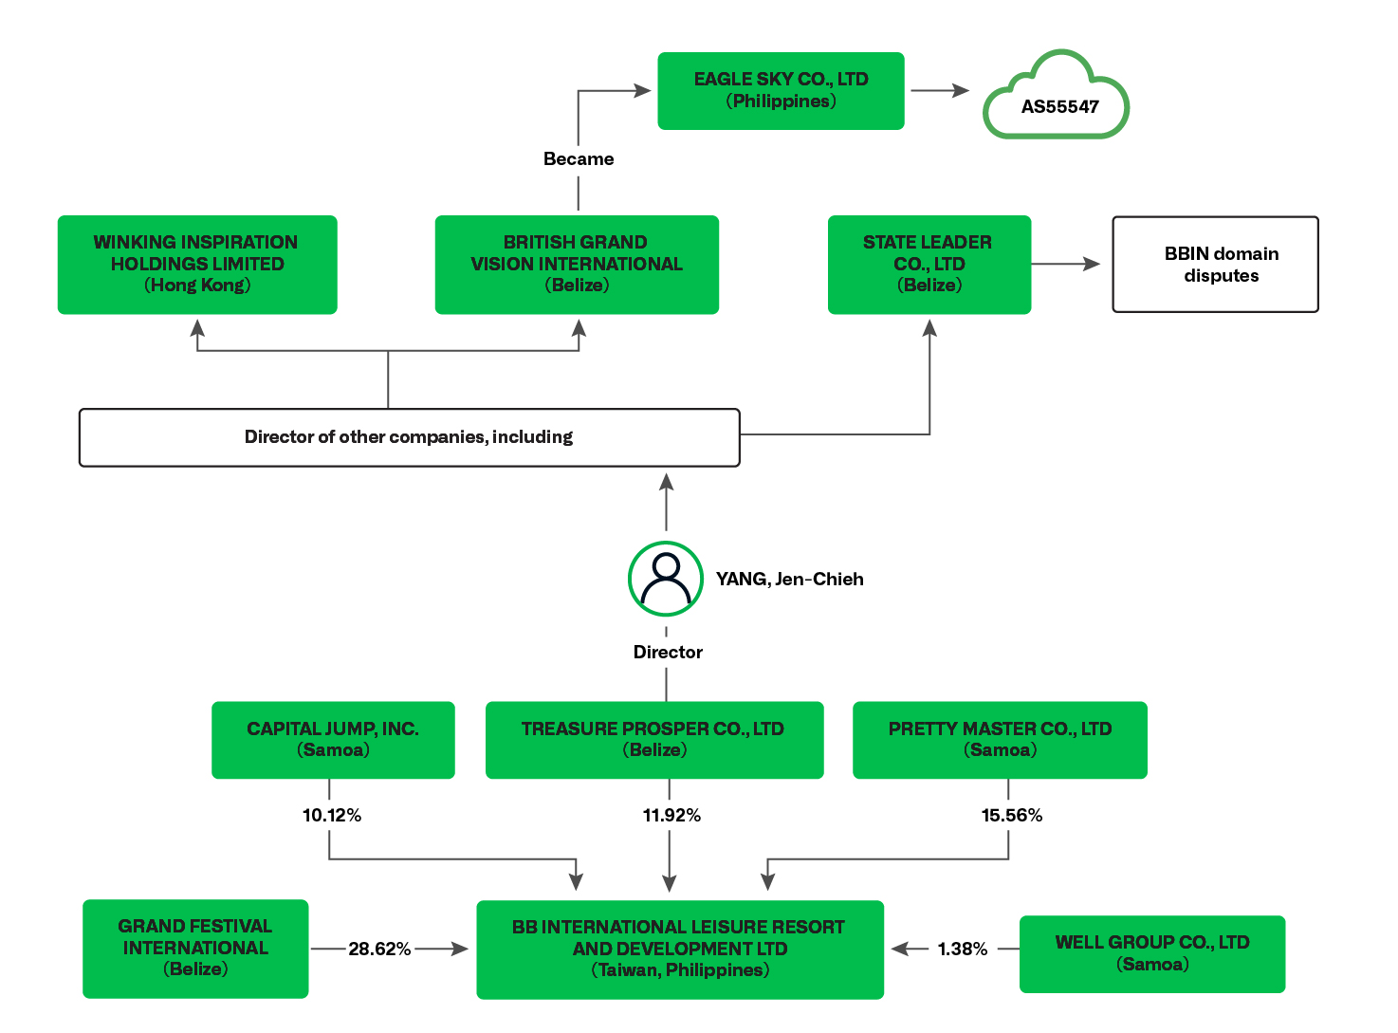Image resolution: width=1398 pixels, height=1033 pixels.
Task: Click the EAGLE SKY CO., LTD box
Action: coord(781,91)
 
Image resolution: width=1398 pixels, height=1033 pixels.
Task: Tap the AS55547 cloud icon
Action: coord(1057,99)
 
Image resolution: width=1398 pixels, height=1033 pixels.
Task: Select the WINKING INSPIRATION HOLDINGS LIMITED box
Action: coord(197,265)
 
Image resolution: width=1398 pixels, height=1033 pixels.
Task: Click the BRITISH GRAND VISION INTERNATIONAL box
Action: coord(577,265)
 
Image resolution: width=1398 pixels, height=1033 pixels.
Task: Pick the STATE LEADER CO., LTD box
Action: coord(929,265)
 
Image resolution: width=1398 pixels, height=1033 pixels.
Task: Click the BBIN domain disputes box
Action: coord(1215,265)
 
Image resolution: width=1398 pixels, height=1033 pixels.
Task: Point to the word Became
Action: coord(579,159)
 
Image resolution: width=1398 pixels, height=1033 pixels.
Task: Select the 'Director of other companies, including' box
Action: coord(409,437)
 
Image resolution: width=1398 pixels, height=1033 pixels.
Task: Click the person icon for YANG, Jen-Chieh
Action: coord(666,579)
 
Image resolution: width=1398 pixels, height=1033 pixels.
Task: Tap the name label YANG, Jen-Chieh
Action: coord(789,580)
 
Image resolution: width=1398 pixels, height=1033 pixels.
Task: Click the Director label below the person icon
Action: coord(668,653)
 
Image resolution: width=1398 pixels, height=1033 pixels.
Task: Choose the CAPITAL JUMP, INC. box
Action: coord(333,740)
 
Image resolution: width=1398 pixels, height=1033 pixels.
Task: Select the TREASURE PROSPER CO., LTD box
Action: coord(654,740)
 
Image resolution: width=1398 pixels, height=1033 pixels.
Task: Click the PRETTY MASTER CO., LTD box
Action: coord(1000,740)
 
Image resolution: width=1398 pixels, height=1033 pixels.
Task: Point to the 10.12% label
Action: coord(331,816)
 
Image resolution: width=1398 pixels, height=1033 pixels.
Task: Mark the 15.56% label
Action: coord(1011,816)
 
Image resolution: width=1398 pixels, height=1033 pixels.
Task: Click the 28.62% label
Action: coord(379,950)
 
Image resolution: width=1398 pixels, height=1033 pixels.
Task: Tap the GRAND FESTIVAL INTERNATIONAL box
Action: coord(195,949)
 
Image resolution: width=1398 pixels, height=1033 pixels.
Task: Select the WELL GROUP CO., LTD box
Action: coord(1152,954)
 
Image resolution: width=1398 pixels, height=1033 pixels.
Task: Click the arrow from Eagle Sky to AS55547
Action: coord(939,91)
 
